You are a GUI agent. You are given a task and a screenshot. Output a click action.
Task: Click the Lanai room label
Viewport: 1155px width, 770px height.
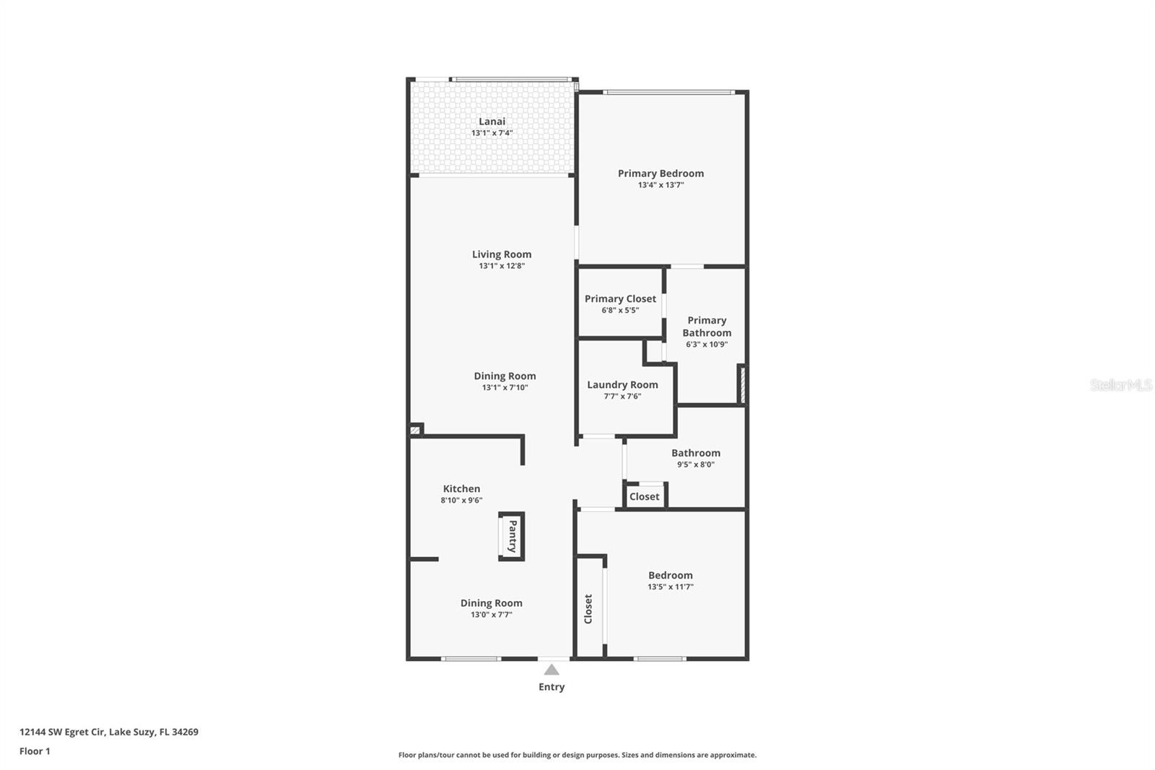(492, 121)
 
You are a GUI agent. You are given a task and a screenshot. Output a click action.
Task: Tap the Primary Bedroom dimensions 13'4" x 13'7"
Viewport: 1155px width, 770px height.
(661, 185)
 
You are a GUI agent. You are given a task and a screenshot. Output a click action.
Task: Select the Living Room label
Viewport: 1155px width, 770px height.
(502, 254)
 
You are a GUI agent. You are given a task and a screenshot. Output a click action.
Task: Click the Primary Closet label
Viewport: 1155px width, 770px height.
(620, 298)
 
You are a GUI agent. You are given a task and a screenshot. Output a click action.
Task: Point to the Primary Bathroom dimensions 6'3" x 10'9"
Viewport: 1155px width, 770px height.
(707, 345)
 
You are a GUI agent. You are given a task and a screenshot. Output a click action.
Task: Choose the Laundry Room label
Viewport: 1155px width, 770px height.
(622, 385)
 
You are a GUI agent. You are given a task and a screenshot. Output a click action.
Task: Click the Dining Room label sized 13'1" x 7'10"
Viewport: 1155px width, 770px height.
(505, 376)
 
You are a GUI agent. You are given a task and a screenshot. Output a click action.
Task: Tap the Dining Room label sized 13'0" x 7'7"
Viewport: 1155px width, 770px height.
(491, 603)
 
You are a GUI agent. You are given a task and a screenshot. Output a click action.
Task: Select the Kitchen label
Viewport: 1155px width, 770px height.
(461, 489)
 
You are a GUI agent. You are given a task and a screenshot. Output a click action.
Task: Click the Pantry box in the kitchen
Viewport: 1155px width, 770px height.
(512, 536)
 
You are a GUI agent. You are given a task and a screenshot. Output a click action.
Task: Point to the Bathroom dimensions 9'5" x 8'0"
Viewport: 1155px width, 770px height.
(695, 464)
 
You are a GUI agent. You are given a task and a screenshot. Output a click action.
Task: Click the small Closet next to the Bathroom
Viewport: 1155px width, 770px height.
(644, 496)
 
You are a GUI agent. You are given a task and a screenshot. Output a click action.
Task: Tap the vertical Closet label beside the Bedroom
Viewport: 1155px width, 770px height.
(588, 609)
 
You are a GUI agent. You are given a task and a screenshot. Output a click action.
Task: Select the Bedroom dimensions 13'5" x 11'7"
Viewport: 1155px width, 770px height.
(670, 587)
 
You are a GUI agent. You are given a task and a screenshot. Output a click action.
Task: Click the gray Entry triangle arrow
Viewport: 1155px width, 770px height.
(552, 670)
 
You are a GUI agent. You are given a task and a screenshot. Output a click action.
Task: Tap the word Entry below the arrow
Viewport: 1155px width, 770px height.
(552, 687)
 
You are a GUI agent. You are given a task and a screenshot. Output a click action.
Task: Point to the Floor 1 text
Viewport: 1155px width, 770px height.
(35, 751)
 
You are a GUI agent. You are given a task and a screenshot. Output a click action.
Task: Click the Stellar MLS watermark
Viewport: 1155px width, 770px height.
(1120, 385)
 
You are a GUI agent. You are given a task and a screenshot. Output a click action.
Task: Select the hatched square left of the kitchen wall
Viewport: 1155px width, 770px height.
(415, 431)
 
